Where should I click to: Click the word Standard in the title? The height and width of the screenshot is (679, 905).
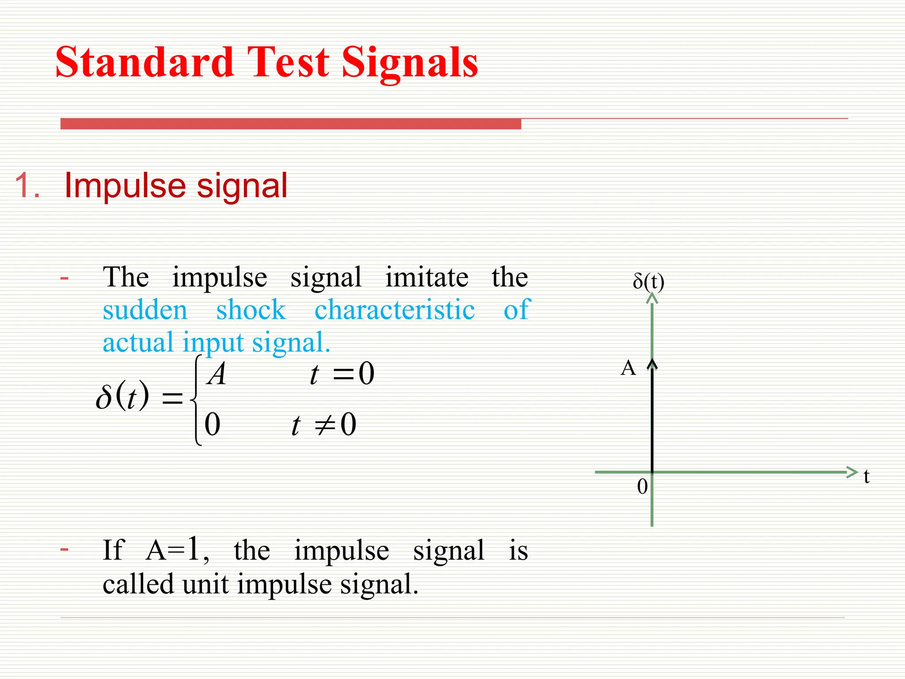tap(144, 63)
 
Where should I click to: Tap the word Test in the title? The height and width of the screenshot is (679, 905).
tap(288, 63)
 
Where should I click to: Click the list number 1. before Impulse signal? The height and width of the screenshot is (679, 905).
tap(27, 186)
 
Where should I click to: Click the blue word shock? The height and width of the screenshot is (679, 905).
tap(251, 309)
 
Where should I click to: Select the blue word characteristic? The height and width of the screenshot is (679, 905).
tap(395, 309)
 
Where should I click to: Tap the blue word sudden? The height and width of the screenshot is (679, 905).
tap(145, 309)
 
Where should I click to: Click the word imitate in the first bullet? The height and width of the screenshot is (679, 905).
tap(427, 278)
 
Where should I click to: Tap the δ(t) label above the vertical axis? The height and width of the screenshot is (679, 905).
tap(648, 281)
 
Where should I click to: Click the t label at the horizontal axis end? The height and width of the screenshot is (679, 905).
tap(867, 477)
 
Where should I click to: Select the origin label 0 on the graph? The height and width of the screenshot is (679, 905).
tap(643, 487)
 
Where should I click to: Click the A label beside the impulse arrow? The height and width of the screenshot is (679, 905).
tap(628, 368)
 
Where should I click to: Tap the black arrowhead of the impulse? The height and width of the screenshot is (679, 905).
tap(652, 364)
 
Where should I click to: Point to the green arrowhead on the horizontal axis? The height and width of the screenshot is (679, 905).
tap(852, 472)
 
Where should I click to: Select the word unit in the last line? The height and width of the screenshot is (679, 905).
tap(205, 584)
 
